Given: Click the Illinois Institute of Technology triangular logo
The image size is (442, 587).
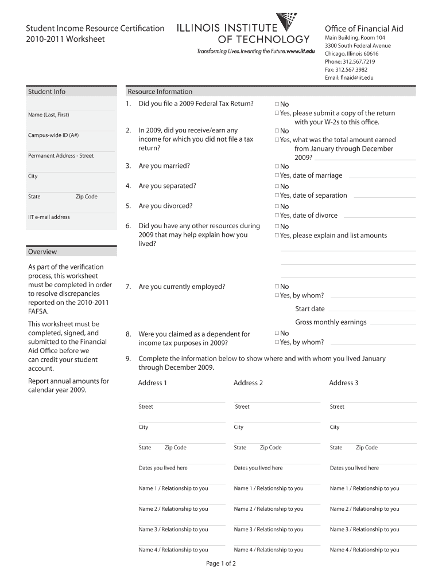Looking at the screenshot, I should pos(286,21).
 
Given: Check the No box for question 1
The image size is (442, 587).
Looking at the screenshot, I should pos(277,104).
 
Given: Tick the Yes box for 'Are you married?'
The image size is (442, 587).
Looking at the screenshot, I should pos(277,175).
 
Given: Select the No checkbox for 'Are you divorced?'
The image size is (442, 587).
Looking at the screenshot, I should pos(277,206).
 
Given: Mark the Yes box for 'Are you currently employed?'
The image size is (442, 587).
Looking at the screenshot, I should pos(277,296).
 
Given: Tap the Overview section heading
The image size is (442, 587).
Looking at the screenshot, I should pos(42,252).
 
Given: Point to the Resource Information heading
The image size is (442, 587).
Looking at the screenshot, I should pos(160,92).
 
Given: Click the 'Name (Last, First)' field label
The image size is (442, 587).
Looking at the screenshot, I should pos(48,115).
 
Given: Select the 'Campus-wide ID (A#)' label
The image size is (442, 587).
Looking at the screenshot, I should pos(53,135).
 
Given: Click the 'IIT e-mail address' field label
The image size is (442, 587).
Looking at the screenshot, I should pos(49,217).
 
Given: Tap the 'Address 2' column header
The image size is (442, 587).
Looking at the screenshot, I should pos(248,383).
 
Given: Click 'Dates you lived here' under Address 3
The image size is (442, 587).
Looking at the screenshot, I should pos(354,468).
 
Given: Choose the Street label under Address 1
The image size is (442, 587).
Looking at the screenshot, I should pos(146,406).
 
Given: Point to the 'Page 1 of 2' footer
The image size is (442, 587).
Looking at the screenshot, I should pos(221,563).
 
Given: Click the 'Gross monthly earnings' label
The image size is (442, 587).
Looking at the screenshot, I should pos(331,322).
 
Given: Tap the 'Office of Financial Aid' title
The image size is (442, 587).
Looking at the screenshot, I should pos(364,29).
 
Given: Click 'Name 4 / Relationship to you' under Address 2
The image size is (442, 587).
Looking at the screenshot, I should pos(269,550).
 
